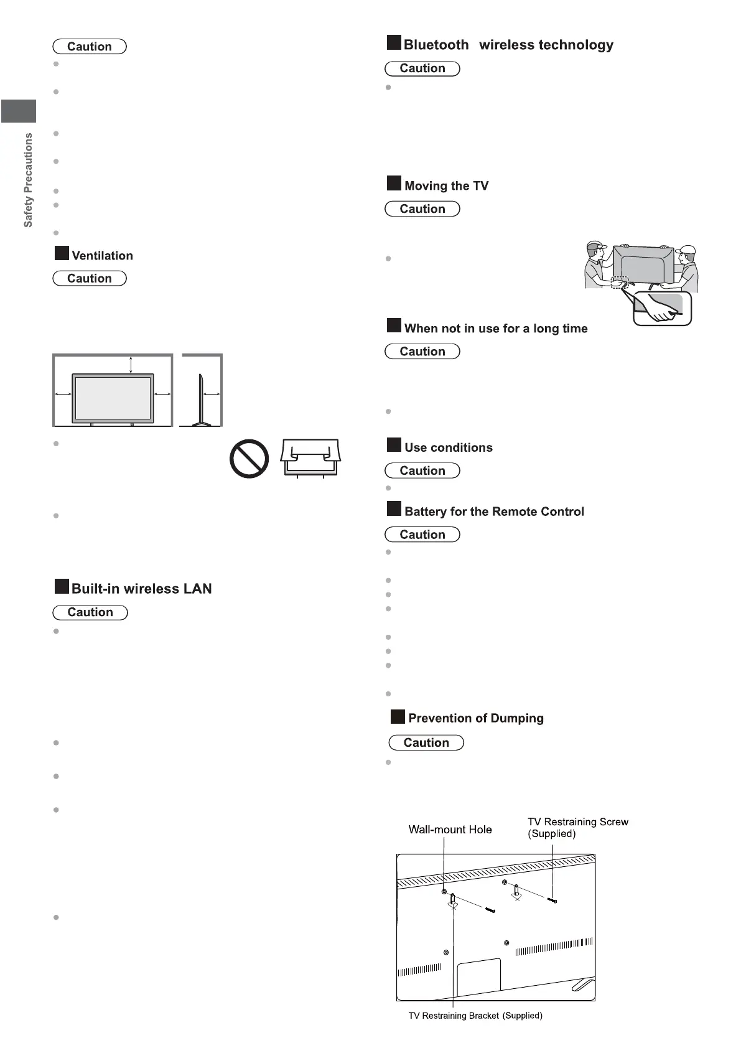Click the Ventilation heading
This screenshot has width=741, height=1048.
coord(102,256)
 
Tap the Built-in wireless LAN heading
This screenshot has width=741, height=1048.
coord(141,589)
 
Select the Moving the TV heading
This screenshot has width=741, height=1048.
coord(446,186)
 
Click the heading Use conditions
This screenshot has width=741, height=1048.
coord(448,447)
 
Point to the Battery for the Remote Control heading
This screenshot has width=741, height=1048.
coord(494,512)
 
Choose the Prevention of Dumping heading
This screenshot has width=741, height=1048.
coord(475,718)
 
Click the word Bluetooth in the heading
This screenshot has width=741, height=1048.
coord(436,45)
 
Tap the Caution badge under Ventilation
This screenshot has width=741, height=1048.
coord(90,278)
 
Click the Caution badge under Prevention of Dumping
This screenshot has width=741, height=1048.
coord(426,742)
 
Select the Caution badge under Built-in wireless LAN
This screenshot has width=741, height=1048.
coord(90,612)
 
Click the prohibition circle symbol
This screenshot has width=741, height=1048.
coord(249,459)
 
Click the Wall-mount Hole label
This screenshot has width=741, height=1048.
coord(450,830)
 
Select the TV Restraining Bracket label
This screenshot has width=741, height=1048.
coord(475,1016)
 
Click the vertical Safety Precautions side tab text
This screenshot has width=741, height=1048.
coord(28,180)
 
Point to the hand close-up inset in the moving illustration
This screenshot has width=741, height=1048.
coord(662,309)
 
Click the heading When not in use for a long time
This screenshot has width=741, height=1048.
coord(495,329)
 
